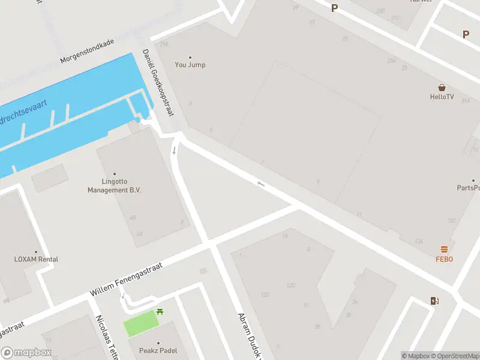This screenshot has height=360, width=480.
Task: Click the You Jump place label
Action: click(x=190, y=65)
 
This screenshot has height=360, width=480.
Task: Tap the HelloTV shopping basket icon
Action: click(x=442, y=88)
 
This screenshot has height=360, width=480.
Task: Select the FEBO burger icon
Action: click(x=444, y=250)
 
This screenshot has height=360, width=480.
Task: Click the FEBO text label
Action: click(x=444, y=259)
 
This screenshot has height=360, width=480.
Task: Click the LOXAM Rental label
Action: click(x=36, y=259)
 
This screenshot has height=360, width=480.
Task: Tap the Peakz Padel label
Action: click(x=158, y=350)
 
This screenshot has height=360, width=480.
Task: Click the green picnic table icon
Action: click(x=161, y=311)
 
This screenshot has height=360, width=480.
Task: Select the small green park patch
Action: click(x=142, y=324)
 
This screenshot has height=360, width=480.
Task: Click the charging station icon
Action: click(x=434, y=301)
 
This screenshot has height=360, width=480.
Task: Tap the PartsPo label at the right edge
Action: click(x=468, y=188)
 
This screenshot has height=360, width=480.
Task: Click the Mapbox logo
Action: click(x=26, y=353)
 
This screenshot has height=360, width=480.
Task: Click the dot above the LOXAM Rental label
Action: click(x=36, y=252)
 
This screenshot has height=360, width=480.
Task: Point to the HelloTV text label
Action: click(x=442, y=97)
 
